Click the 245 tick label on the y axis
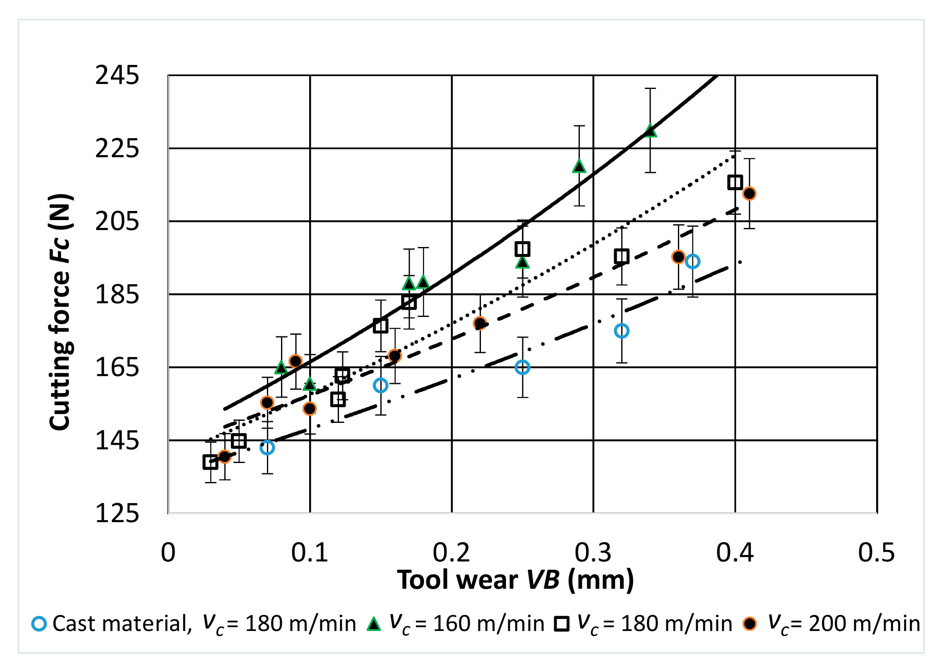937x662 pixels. point(117,76)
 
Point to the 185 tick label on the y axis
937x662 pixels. point(117,295)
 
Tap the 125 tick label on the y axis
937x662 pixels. point(117,514)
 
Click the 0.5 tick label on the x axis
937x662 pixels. point(876,553)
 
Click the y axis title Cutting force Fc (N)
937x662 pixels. point(61,312)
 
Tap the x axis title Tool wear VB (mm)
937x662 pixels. point(515,580)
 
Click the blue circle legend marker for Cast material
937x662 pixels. point(39,624)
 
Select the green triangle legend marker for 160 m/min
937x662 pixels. point(374,624)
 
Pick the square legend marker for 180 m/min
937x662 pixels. point(562,624)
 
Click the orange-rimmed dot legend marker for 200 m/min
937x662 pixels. point(750,624)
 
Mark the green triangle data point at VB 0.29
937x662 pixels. point(579,166)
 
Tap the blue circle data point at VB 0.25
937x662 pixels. point(522,367)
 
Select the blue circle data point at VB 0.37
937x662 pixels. point(692,261)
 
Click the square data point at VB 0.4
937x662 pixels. point(735,182)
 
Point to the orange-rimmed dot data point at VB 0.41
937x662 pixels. point(749,193)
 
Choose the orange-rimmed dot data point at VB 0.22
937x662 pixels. point(480,323)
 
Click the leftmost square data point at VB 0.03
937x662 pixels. point(210,462)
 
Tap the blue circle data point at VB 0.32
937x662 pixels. point(622,331)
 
